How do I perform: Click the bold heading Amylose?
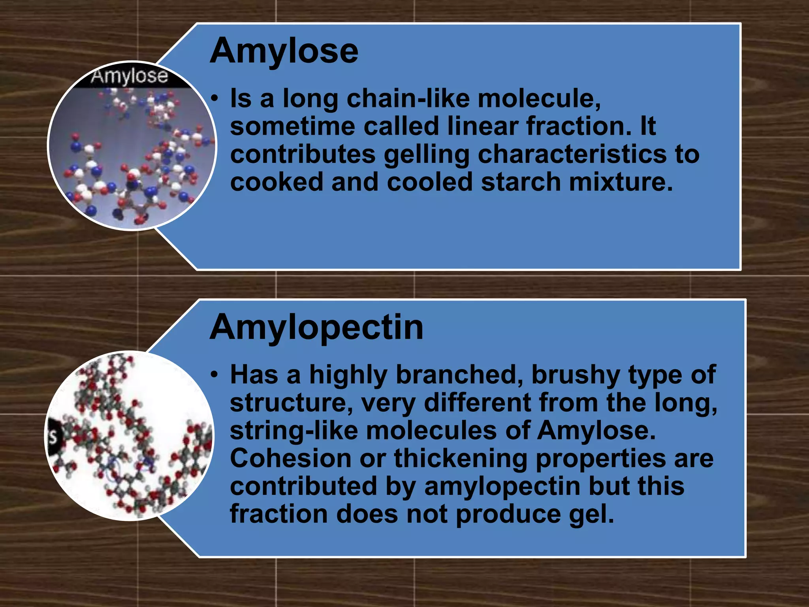(284, 51)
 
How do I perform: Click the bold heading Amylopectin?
(316, 328)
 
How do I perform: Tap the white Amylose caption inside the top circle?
(129, 76)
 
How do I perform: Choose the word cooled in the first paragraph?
(429, 182)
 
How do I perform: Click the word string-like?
(293, 431)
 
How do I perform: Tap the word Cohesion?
(291, 458)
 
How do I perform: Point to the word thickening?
(460, 459)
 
